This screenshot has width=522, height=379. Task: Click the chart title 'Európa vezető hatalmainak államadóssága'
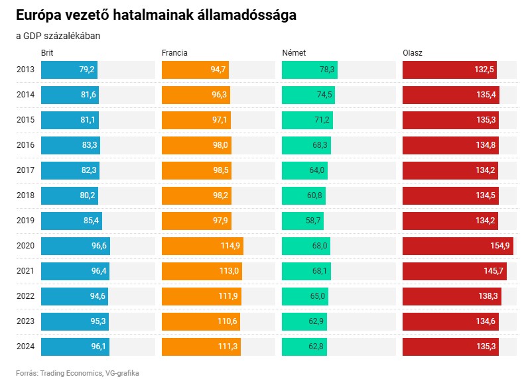point(156,15)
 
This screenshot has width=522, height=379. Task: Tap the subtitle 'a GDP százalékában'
point(58,36)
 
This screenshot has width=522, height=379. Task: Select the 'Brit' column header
point(48,52)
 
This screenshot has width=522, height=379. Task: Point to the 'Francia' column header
point(175,52)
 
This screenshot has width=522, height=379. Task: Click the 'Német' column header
point(294,52)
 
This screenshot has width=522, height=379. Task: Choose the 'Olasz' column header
point(413,52)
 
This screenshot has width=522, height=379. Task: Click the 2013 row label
point(25,70)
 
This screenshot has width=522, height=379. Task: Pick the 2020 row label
point(25,246)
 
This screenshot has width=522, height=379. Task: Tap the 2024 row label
point(25,347)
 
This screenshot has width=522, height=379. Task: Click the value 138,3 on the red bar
point(486,296)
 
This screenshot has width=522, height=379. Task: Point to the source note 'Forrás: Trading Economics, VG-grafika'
point(78,372)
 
